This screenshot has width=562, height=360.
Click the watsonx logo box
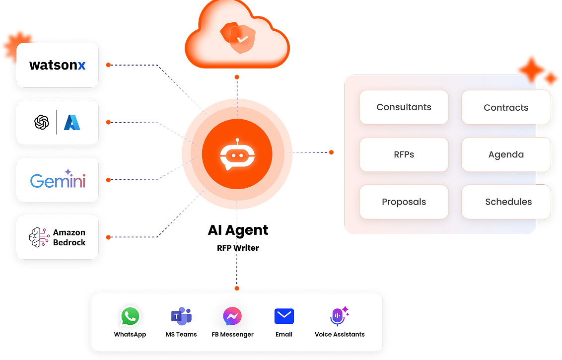pos(58,65)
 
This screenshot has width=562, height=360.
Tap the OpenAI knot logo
pos(42,122)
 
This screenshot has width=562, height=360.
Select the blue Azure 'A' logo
pos(72,122)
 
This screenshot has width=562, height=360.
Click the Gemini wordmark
pos(58,180)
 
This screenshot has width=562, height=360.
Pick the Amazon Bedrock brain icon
pos(39,237)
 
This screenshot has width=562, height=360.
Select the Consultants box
pos(404,107)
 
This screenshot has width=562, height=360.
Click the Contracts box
pos(506,107)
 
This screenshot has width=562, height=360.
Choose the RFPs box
pos(404,154)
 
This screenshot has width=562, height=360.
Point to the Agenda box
pos(506,154)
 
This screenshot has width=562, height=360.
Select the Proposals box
pos(404,202)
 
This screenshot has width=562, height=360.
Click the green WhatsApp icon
pos(130,316)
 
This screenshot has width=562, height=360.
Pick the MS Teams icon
pos(181,316)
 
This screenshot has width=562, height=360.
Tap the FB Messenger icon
pos(232,316)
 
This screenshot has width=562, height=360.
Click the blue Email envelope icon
pos(284,316)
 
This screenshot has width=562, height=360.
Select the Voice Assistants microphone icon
pos(338,316)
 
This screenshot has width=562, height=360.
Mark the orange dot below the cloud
pos(237,77)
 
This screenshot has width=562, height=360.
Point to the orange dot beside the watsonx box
pos(109,65)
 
